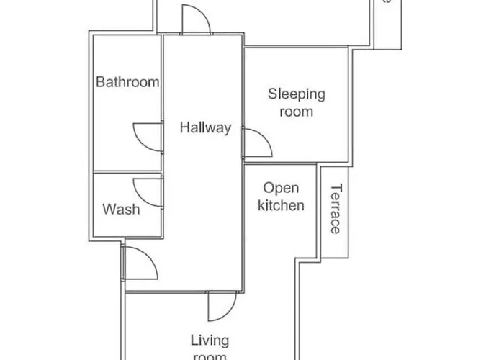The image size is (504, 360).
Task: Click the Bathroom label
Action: [x=127, y=82]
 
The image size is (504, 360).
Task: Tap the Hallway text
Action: [x=205, y=128]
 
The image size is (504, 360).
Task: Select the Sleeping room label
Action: [x=297, y=102]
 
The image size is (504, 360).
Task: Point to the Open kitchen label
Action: [x=281, y=197]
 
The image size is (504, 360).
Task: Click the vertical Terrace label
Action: [x=336, y=210]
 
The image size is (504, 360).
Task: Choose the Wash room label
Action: [x=121, y=210]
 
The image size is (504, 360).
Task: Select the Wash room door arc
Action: [x=149, y=192]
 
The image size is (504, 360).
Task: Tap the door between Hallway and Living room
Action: [x=220, y=306]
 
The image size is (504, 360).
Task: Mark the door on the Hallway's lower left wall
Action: [x=140, y=263]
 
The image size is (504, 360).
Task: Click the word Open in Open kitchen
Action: [x=281, y=188]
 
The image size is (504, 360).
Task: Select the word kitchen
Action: [x=281, y=205]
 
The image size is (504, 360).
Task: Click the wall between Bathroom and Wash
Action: [x=127, y=172]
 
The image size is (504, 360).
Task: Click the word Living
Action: [x=210, y=340]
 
